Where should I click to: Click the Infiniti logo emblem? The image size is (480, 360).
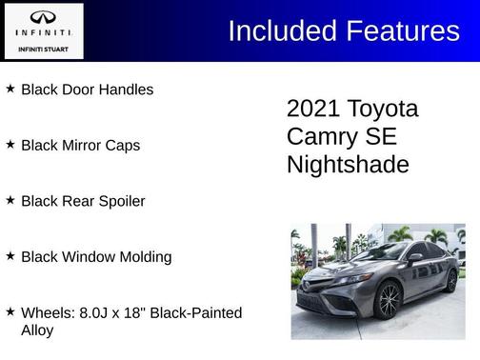tap(43, 18)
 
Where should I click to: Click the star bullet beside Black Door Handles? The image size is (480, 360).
tap(10, 89)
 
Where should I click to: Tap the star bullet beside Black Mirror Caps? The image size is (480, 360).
tap(10, 145)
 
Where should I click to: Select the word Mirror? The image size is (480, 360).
tap(83, 146)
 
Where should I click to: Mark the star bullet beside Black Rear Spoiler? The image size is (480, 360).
tap(10, 201)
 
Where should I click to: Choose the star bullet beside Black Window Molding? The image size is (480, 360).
tap(10, 256)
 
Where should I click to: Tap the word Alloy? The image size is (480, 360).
tap(37, 330)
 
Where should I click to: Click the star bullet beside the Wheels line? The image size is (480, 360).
tap(10, 311)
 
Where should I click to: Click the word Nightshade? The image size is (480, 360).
tap(348, 165)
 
